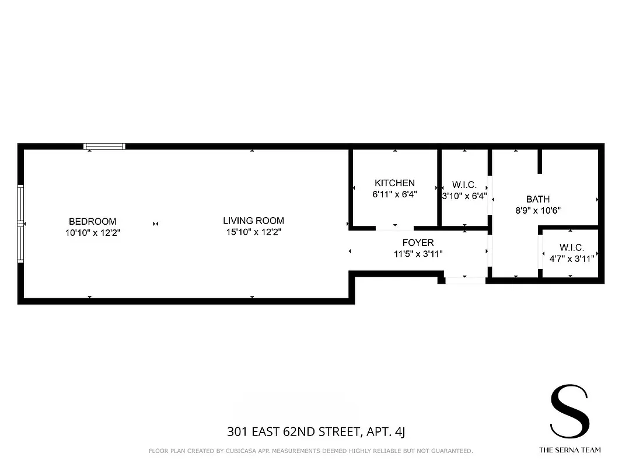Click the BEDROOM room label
92,221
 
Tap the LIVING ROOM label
253,221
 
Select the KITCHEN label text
394,183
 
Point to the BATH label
537,199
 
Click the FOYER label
418,242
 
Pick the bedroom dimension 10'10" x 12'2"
92,232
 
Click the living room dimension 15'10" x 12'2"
253,232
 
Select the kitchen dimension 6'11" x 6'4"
394,194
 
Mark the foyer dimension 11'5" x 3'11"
418,253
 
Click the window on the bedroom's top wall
104,147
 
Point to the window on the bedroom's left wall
20,224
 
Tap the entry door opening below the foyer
465,280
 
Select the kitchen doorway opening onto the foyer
395,228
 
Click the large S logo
569,411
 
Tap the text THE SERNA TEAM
569,450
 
